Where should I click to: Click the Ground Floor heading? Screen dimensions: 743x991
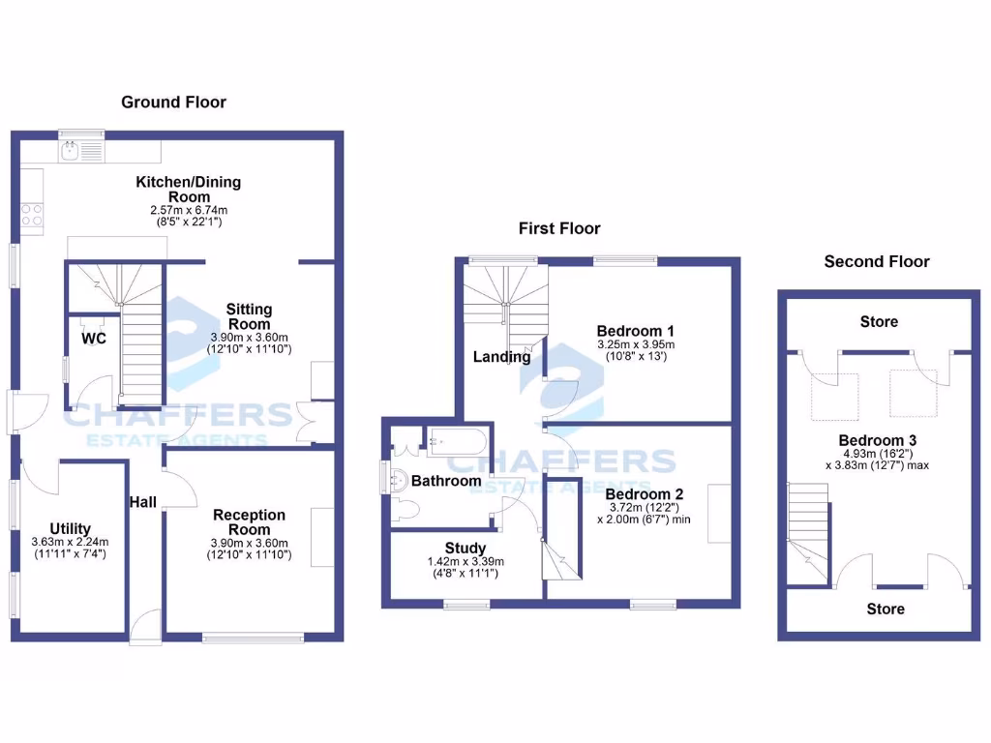click(173, 102)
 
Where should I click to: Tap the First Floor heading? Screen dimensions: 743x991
click(559, 228)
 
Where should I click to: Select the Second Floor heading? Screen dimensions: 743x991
click(876, 261)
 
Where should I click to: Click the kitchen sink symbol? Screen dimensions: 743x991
click(70, 150)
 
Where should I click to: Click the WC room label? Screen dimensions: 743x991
click(94, 339)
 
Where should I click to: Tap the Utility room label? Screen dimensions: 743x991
click(71, 528)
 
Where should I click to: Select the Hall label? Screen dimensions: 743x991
click(143, 501)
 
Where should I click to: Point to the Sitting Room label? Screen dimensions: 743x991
click(249, 316)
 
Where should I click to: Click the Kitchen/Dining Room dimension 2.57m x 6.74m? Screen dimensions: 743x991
click(188, 210)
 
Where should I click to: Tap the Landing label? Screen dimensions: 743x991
click(501, 357)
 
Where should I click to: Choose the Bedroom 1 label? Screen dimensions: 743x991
click(629, 331)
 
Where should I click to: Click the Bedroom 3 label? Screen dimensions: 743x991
click(877, 440)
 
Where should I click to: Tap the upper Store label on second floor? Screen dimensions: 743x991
click(879, 321)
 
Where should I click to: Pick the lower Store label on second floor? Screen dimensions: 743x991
click(885, 609)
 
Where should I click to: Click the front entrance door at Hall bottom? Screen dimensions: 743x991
click(145, 627)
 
